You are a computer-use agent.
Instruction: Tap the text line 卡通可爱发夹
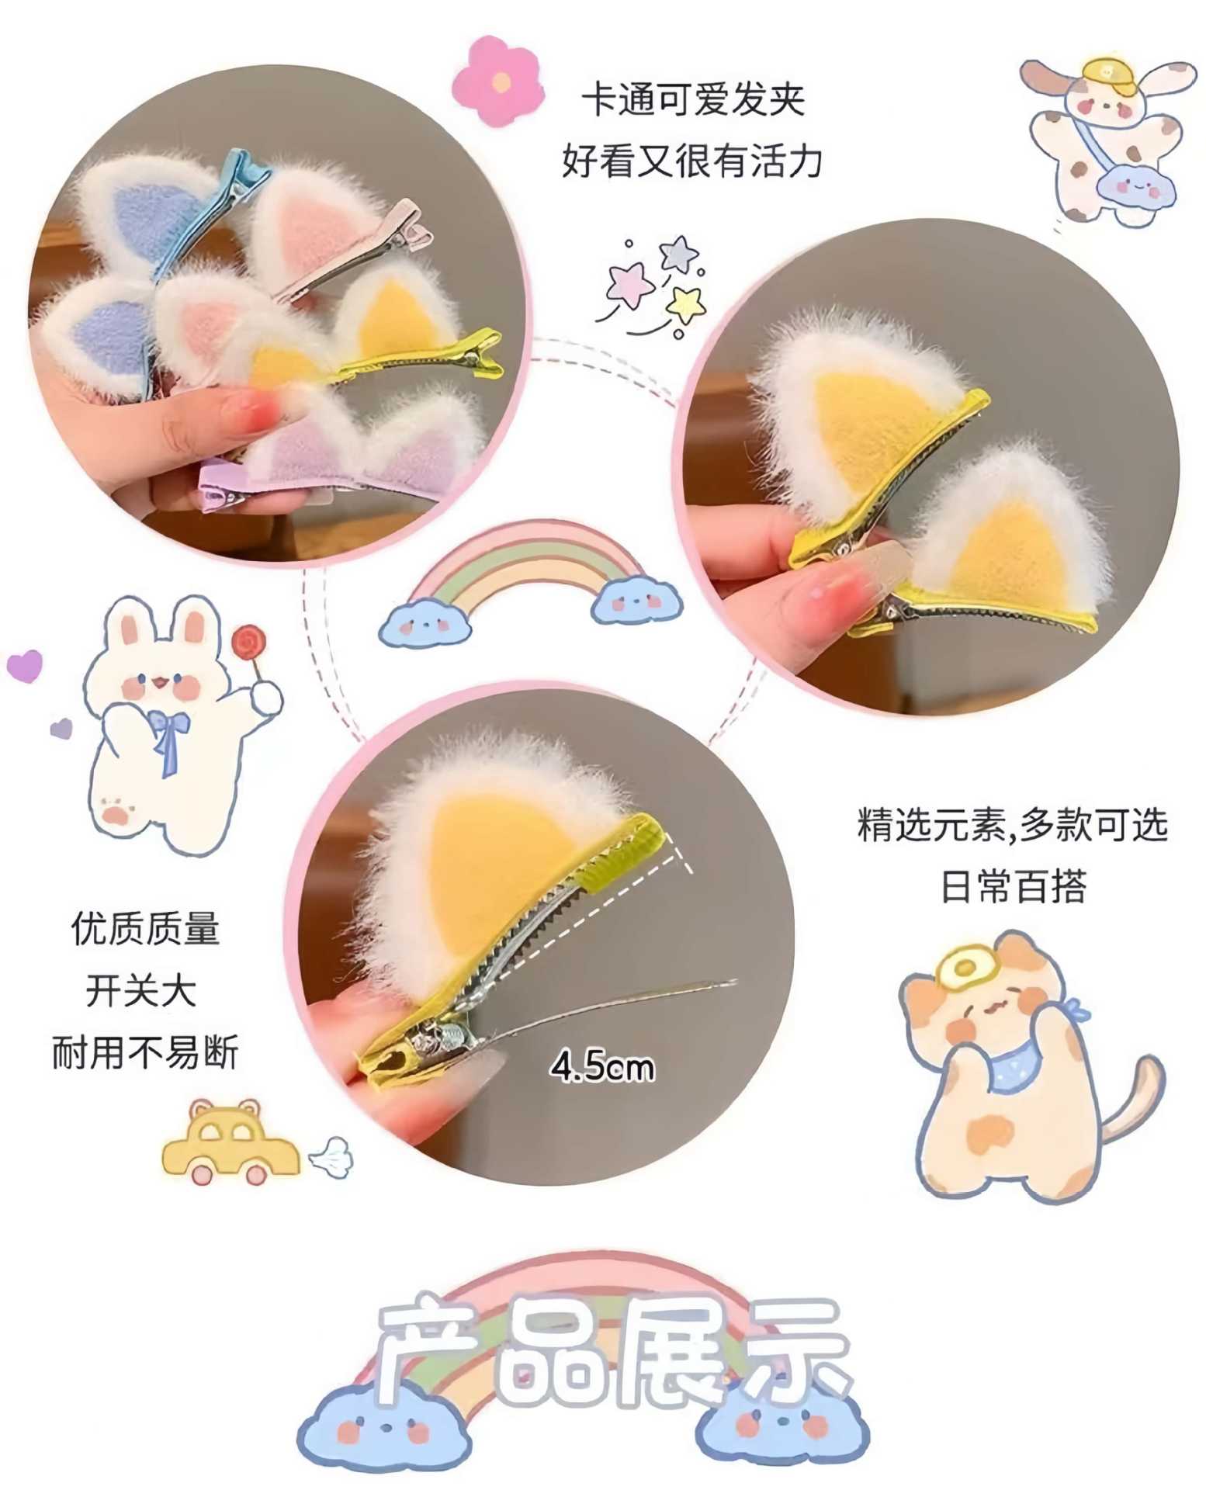tap(693, 101)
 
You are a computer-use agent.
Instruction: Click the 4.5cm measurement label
tap(602, 1067)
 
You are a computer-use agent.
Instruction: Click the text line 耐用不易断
tap(145, 1053)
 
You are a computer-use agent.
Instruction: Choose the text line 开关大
tap(141, 991)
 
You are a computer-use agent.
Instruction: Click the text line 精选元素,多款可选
tap(1012, 825)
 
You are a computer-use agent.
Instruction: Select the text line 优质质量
tap(145, 929)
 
